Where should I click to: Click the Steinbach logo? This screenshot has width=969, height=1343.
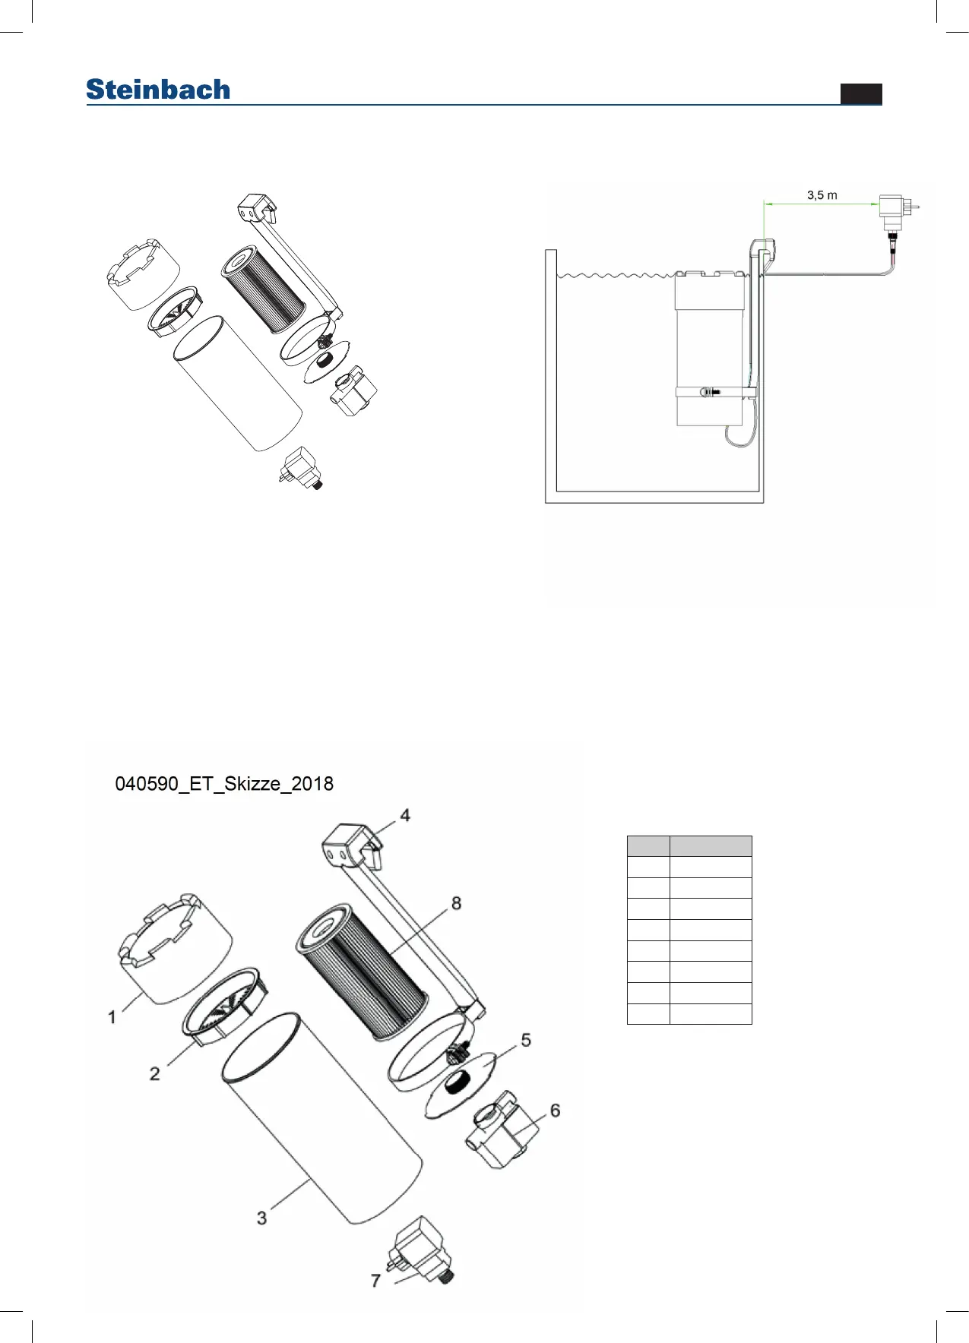158,90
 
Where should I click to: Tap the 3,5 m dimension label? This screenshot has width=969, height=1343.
822,195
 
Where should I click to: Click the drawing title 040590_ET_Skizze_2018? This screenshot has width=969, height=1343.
224,784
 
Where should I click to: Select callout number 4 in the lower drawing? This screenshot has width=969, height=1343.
405,815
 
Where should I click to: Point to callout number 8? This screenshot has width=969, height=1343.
456,903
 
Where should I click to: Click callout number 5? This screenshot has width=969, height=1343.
526,1040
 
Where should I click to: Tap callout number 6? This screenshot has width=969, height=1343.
555,1111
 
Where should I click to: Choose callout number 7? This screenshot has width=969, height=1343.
375,1281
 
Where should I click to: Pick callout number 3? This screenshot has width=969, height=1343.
262,1218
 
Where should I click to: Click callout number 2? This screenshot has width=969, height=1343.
155,1073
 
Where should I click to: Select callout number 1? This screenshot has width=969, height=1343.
112,1016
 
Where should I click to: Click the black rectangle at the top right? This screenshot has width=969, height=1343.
861,93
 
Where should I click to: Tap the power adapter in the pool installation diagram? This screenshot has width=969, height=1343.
894,208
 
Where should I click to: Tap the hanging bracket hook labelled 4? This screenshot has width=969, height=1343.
351,844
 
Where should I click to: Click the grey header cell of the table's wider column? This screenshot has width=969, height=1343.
711,846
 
